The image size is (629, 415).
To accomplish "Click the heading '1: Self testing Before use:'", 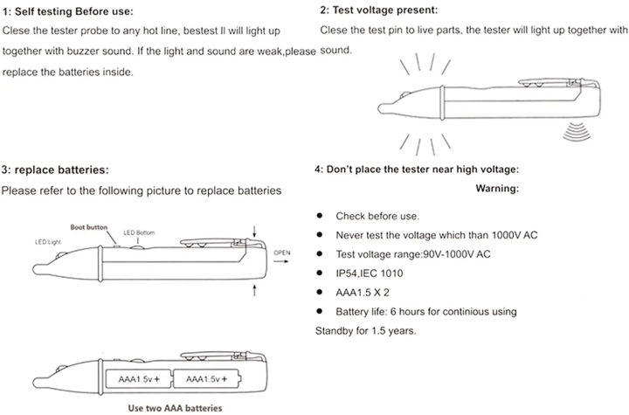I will coord(68,11).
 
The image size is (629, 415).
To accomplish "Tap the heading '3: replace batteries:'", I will coord(55,169).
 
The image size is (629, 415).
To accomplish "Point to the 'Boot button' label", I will coord(90,226).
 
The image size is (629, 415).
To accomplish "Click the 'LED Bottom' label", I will coord(140,232).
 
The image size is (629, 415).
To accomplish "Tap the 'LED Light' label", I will coord(49,240).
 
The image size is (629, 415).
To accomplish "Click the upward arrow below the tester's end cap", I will coord(254,289).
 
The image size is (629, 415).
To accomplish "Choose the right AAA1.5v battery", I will coord(206,378).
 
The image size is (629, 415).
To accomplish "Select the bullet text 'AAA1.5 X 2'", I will coord(366,293).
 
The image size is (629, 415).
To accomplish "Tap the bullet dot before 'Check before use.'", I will coord(320,216).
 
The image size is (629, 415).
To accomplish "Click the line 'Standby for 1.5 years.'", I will coord(365,331).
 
